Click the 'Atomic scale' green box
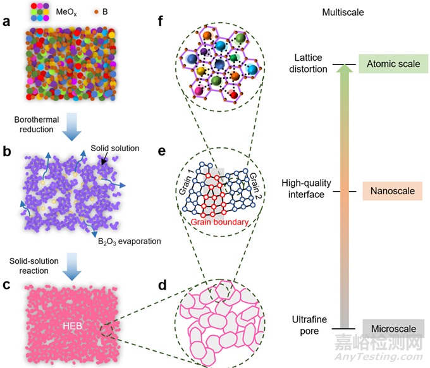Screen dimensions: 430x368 click(393, 64)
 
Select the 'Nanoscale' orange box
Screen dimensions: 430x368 click(393, 191)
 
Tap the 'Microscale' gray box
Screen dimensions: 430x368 click(393, 329)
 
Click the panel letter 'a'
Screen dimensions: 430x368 click(6, 21)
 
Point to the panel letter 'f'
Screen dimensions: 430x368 click(161, 21)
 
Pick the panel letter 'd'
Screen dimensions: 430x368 click(163, 285)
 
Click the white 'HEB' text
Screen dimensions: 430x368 click(72, 326)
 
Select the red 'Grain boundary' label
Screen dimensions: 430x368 click(219, 222)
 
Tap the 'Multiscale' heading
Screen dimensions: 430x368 click(343, 13)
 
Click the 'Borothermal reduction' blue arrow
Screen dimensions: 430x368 click(72, 126)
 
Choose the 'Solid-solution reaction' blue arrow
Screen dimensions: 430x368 click(72, 267)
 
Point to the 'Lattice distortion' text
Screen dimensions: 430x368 click(308, 63)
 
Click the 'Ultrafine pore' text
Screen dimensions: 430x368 click(309, 325)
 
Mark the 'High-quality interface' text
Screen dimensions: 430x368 click(306, 188)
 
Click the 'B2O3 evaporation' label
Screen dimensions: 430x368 click(130, 242)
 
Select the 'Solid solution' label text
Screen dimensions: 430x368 click(115, 149)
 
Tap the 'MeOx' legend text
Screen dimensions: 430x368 click(66, 13)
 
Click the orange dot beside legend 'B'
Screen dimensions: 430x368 click(96, 12)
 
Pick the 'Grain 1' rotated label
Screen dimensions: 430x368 click(186, 182)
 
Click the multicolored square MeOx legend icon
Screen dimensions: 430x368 click(40, 12)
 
